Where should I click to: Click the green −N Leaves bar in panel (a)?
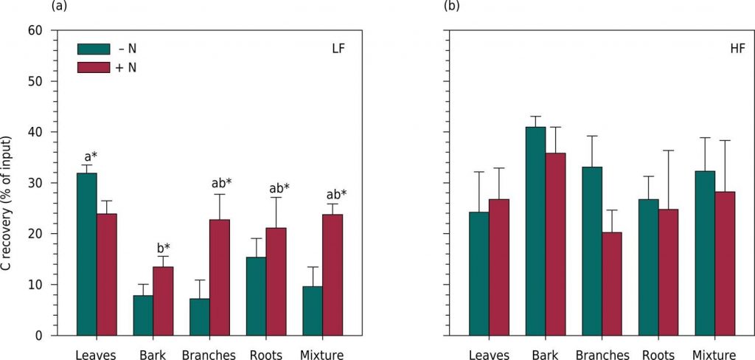coord(87,254)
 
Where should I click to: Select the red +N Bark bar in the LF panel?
coord(162,301)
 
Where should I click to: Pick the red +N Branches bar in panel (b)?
coord(611,284)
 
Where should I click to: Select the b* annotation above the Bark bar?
coord(162,247)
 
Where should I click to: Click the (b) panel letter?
coord(452,7)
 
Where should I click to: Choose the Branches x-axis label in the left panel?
coord(209,355)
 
